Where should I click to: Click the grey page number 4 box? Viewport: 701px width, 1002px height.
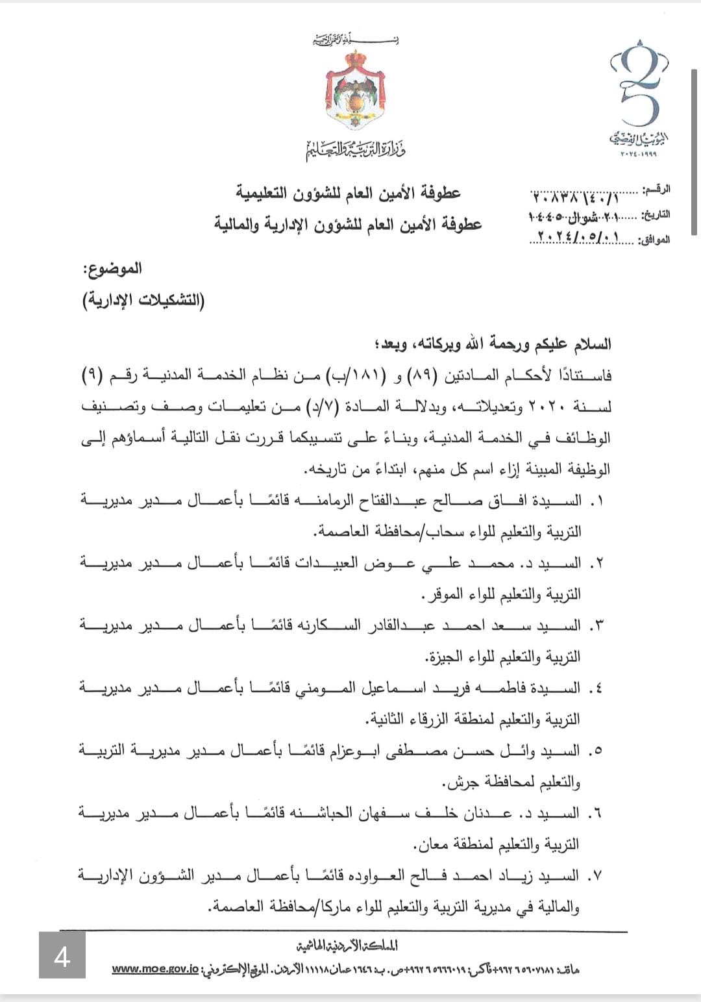point(62,955)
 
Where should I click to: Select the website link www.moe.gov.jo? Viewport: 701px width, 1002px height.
point(155,969)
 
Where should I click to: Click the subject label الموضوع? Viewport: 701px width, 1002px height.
point(117,268)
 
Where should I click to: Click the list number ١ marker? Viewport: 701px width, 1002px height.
point(593,501)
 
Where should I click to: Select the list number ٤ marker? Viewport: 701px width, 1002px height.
point(593,688)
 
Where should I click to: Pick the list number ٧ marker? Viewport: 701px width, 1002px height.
point(593,876)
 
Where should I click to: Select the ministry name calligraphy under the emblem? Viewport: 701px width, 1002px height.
point(356,150)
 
